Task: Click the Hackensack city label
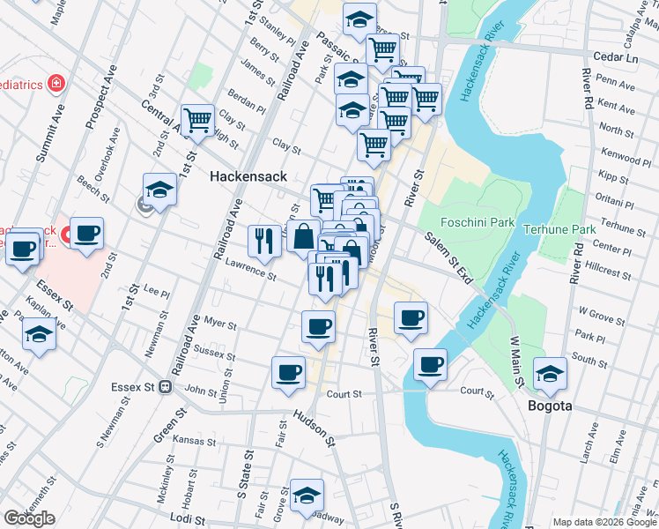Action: (248, 176)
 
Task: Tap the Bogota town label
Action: (551, 406)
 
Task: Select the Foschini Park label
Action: (478, 222)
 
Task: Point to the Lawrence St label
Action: (250, 269)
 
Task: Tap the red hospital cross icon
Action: (56, 84)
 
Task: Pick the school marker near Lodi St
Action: (307, 495)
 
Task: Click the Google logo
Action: (29, 518)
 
